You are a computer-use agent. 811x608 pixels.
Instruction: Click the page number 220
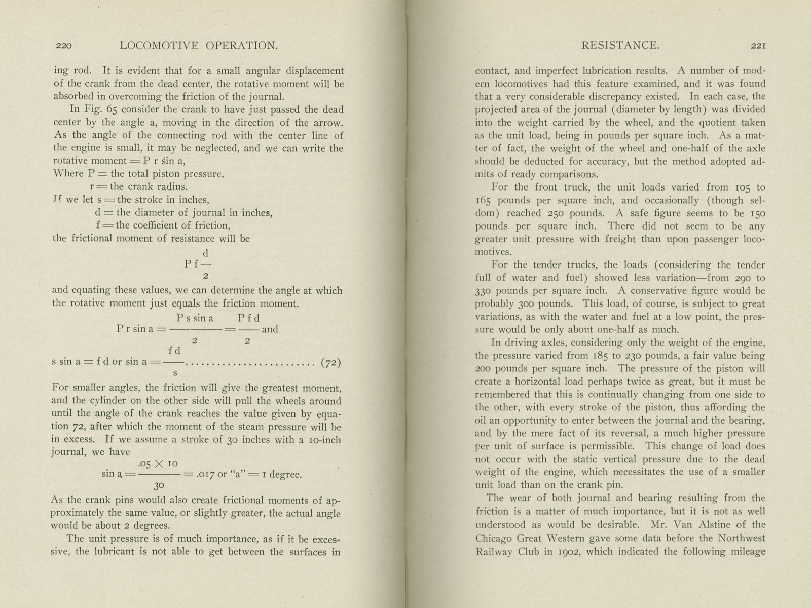[63, 46]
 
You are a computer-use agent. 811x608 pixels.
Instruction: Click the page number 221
[758, 46]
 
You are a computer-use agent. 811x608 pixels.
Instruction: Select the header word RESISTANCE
[620, 46]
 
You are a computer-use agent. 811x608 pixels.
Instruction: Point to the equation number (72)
[331, 363]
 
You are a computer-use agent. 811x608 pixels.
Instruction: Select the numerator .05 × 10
[158, 464]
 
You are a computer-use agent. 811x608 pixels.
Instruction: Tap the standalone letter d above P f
[205, 253]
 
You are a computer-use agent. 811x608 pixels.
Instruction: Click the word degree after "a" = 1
[285, 475]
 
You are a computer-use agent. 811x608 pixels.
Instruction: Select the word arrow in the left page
[328, 123]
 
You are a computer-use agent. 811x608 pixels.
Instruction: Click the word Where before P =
[68, 173]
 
